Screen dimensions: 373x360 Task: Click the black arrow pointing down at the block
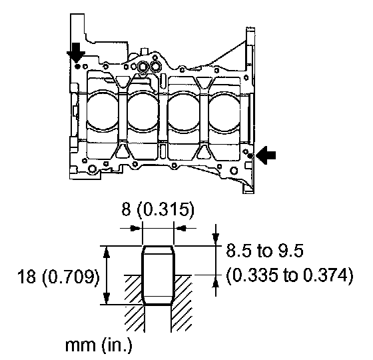(76, 53)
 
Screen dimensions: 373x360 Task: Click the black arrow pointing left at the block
(266, 155)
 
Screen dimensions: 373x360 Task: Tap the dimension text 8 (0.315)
(158, 209)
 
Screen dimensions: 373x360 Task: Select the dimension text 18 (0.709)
(59, 277)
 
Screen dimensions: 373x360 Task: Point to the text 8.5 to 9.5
(264, 251)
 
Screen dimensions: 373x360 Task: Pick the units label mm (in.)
(99, 345)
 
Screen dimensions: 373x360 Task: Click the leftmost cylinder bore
(103, 111)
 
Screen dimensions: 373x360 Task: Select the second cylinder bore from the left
(143, 111)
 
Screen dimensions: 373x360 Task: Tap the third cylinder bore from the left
(184, 111)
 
